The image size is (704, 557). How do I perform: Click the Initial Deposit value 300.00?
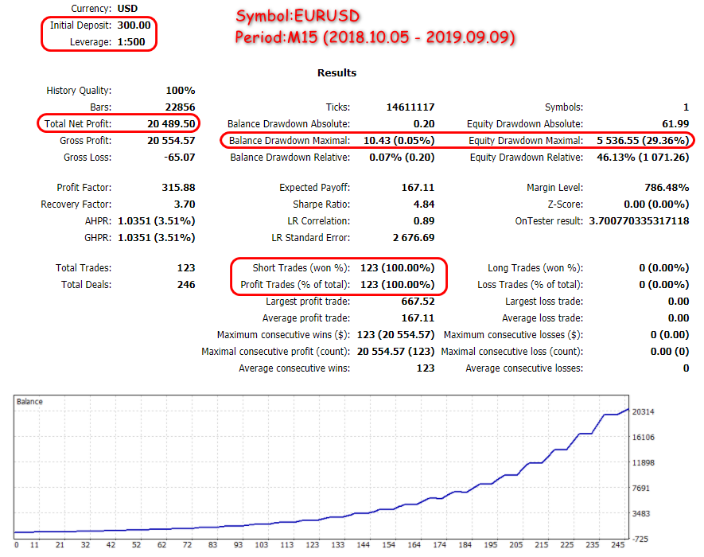coord(134,25)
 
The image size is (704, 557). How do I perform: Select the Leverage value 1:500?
coord(130,41)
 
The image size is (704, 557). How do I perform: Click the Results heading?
coord(337,72)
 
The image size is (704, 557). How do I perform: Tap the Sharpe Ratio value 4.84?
coord(422,204)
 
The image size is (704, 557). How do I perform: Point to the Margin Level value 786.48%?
coord(666,188)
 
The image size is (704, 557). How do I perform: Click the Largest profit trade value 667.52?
coord(418,302)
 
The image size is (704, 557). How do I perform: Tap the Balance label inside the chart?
coord(29,402)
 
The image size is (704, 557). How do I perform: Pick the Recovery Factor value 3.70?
coord(181,204)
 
